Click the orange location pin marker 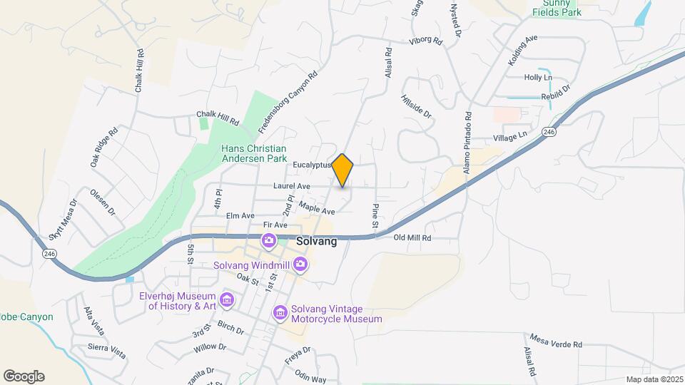(343, 170)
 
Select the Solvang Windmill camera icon (300, 265)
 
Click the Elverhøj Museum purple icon (226, 300)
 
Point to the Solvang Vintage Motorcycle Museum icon (280, 313)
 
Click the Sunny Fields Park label (557, 8)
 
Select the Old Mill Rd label (413, 237)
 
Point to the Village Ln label (509, 135)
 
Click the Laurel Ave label (291, 186)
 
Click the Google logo (24, 376)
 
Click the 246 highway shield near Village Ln (548, 133)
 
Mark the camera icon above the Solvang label (268, 240)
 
